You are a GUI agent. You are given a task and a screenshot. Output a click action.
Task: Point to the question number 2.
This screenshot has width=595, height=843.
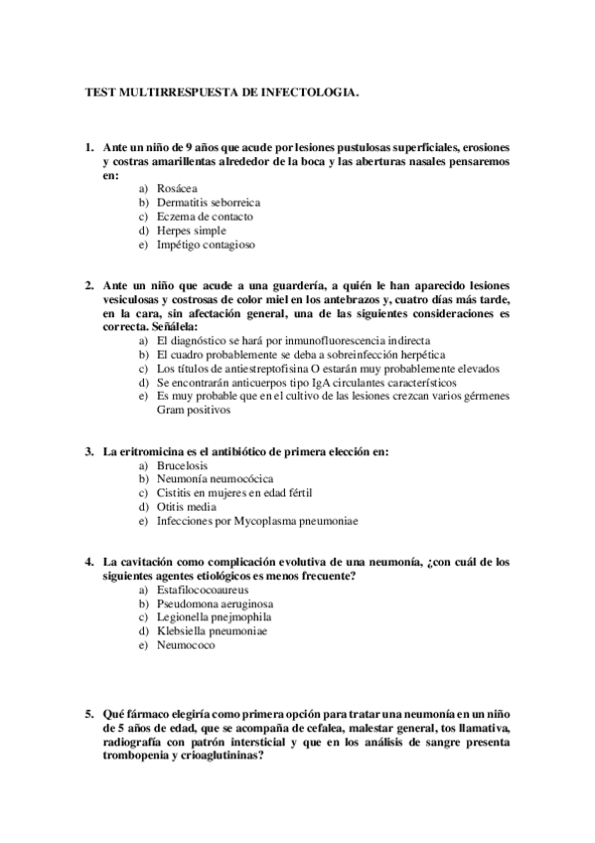point(88,284)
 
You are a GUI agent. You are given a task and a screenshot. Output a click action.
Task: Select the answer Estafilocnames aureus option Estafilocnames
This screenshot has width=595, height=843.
point(202,590)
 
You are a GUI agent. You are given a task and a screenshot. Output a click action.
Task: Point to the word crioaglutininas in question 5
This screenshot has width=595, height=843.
point(216,755)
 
